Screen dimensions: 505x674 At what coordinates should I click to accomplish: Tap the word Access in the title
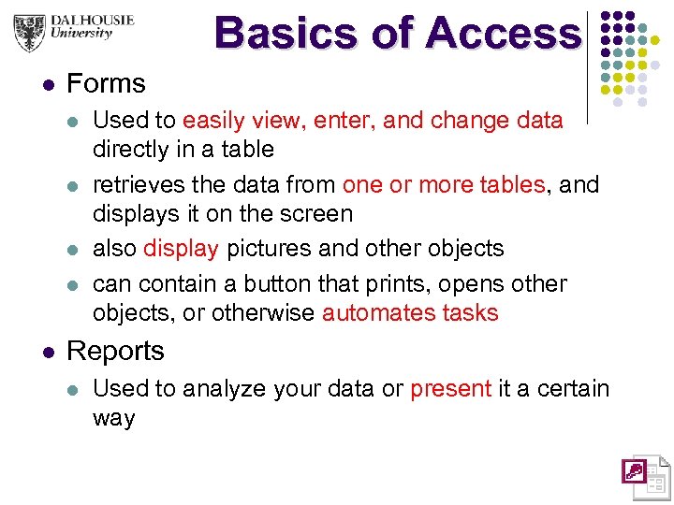pyautogui.click(x=502, y=34)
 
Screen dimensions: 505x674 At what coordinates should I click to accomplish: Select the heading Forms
pyautogui.click(x=106, y=83)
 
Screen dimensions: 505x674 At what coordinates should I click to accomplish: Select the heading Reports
pyautogui.click(x=115, y=351)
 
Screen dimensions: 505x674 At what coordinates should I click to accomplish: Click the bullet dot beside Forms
pyautogui.click(x=49, y=85)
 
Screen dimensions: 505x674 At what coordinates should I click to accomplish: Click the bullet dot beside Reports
pyautogui.click(x=49, y=353)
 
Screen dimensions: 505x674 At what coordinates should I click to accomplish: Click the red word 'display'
pyautogui.click(x=181, y=248)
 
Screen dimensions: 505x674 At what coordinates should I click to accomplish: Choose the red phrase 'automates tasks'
pyautogui.click(x=410, y=312)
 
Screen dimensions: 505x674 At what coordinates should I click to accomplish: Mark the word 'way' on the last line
pyautogui.click(x=113, y=417)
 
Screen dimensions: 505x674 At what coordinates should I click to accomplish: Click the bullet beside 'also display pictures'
pyautogui.click(x=75, y=250)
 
